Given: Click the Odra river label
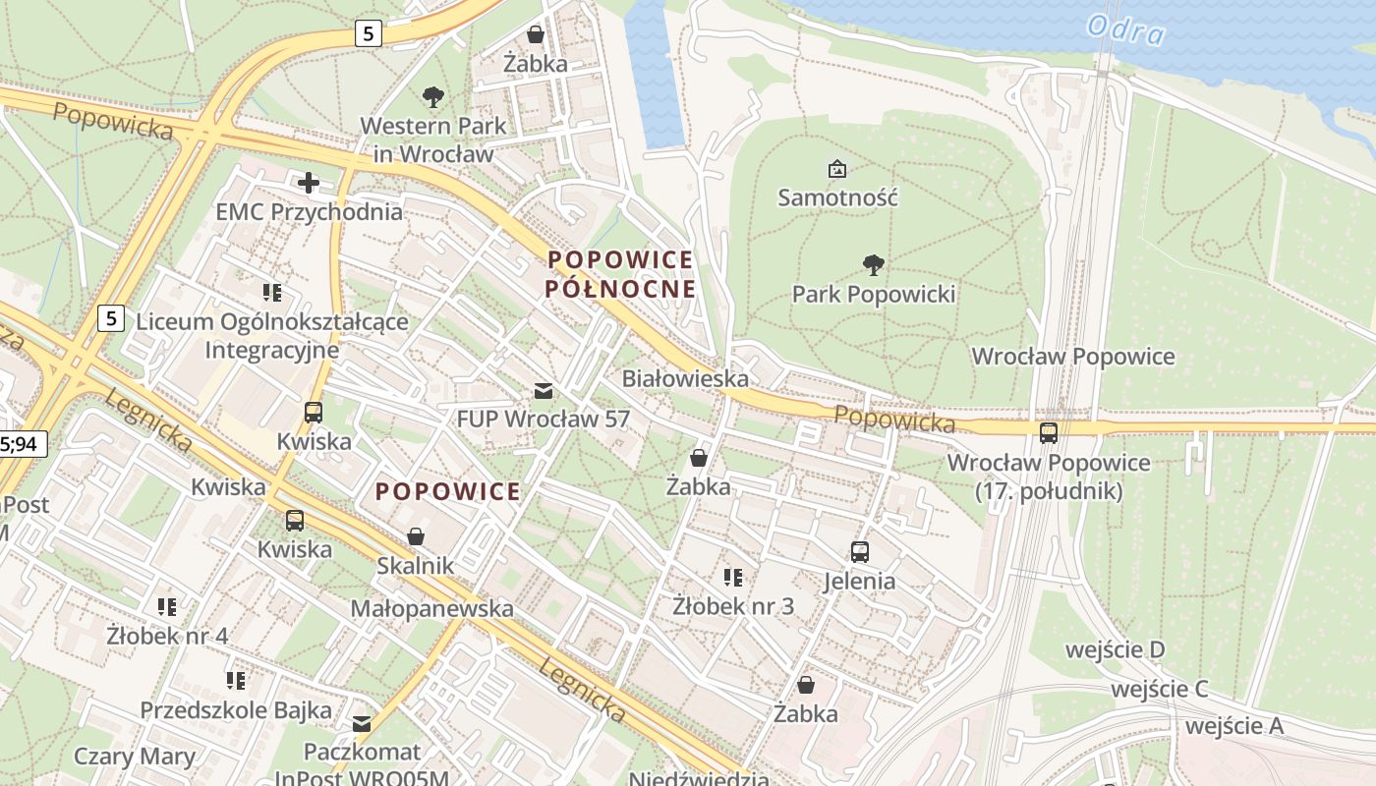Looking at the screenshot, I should coord(1126,29).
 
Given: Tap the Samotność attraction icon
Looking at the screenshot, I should coord(836,169).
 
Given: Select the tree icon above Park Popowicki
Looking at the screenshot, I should coord(873,264).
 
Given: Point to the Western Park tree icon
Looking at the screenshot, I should coord(432,96).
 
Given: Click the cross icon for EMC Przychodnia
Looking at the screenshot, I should coord(309,183).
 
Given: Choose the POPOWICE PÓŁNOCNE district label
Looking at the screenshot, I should coord(620,274).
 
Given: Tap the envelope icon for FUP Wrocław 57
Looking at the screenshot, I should coord(543,391).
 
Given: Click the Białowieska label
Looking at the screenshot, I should coord(685,378).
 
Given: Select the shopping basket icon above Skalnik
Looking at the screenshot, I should coord(416,536).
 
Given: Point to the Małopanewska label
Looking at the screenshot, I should coord(431,608).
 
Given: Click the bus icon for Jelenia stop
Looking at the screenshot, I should coord(860,552).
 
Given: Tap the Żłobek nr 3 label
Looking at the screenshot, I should coord(733,606).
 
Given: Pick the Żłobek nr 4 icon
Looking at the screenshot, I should coord(167,607).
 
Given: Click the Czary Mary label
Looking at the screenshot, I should coord(135,757).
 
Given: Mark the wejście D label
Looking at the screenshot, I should coord(1116,649).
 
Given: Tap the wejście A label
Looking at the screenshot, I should coord(1234,726).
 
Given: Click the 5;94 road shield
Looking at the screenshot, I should coord(22,444).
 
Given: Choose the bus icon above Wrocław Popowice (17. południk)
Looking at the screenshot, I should coord(1049,432).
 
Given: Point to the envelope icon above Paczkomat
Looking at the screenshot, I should coord(362,724).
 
